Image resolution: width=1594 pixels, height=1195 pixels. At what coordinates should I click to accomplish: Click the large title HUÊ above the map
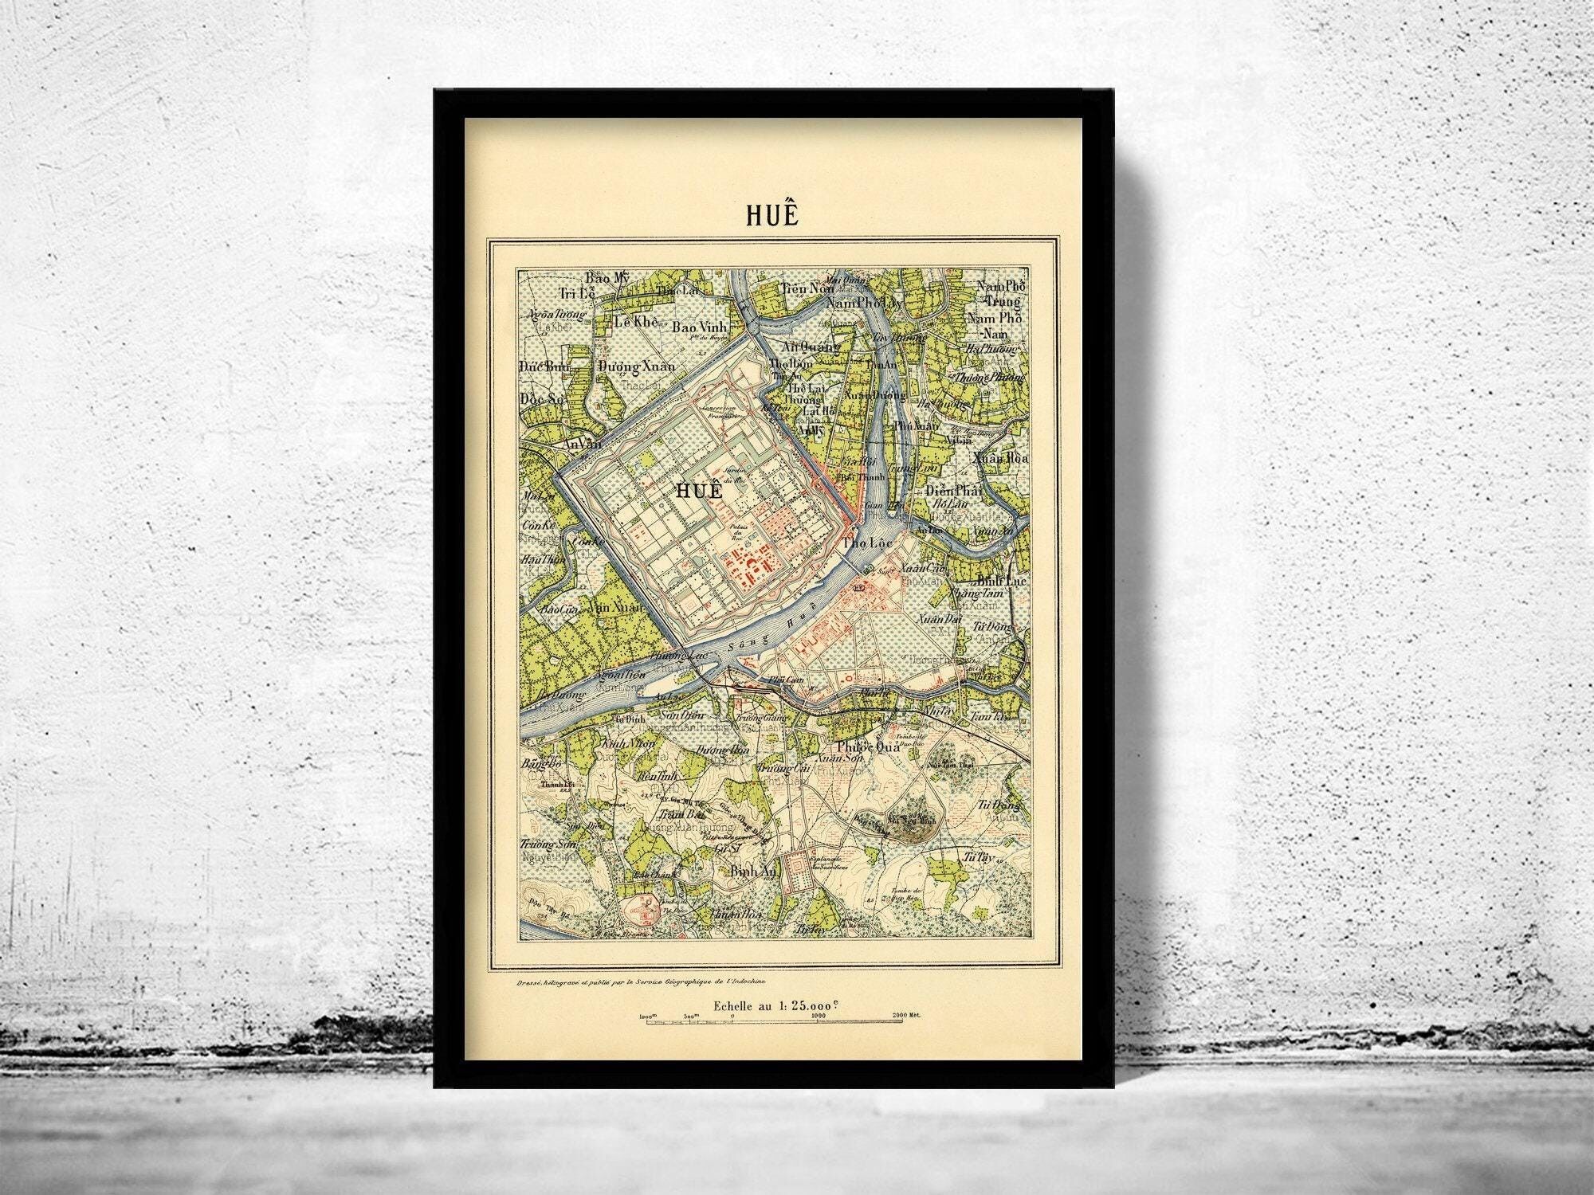coord(772,215)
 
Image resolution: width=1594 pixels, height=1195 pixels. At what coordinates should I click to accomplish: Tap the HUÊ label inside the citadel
coord(698,491)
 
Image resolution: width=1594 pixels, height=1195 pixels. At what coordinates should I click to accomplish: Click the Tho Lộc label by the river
coord(867,543)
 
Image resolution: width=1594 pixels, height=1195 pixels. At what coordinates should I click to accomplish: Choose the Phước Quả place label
coord(869,747)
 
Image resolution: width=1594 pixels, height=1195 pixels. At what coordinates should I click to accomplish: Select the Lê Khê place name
coord(634,322)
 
